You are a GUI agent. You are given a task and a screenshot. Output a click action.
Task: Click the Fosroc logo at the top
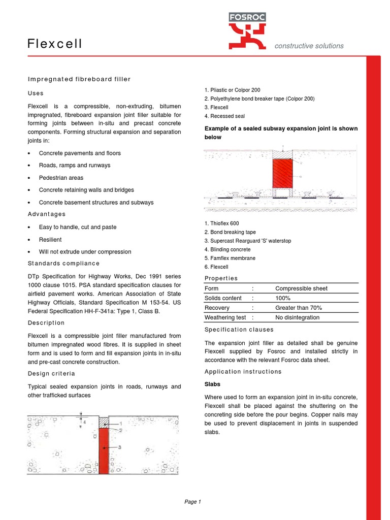coord(247,30)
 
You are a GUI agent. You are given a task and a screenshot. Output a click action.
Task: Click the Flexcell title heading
coord(55,44)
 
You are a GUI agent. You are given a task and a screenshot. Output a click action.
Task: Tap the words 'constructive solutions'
coord(309,46)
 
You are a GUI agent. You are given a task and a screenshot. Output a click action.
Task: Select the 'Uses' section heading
coord(36,93)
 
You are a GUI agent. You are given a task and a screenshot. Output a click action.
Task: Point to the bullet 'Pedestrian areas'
coord(61,178)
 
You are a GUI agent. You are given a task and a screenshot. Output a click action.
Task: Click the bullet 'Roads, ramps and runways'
coord(74,166)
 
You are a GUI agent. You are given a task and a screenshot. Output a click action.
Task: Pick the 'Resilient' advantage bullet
coord(50,240)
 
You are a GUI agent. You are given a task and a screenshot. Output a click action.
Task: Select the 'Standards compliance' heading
coord(63,264)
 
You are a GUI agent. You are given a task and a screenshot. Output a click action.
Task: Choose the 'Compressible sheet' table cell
coord(301,288)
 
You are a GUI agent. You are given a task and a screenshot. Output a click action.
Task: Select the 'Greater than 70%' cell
coord(299,308)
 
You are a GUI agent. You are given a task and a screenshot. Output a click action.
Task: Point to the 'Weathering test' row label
coord(225,317)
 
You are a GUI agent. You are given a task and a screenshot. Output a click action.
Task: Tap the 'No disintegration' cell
coord(298,317)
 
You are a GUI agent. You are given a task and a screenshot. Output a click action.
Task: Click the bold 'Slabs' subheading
coord(212,384)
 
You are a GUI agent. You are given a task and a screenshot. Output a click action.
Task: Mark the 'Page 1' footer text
coord(193,502)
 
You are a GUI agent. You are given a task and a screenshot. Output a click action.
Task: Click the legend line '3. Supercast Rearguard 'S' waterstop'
coord(248,241)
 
